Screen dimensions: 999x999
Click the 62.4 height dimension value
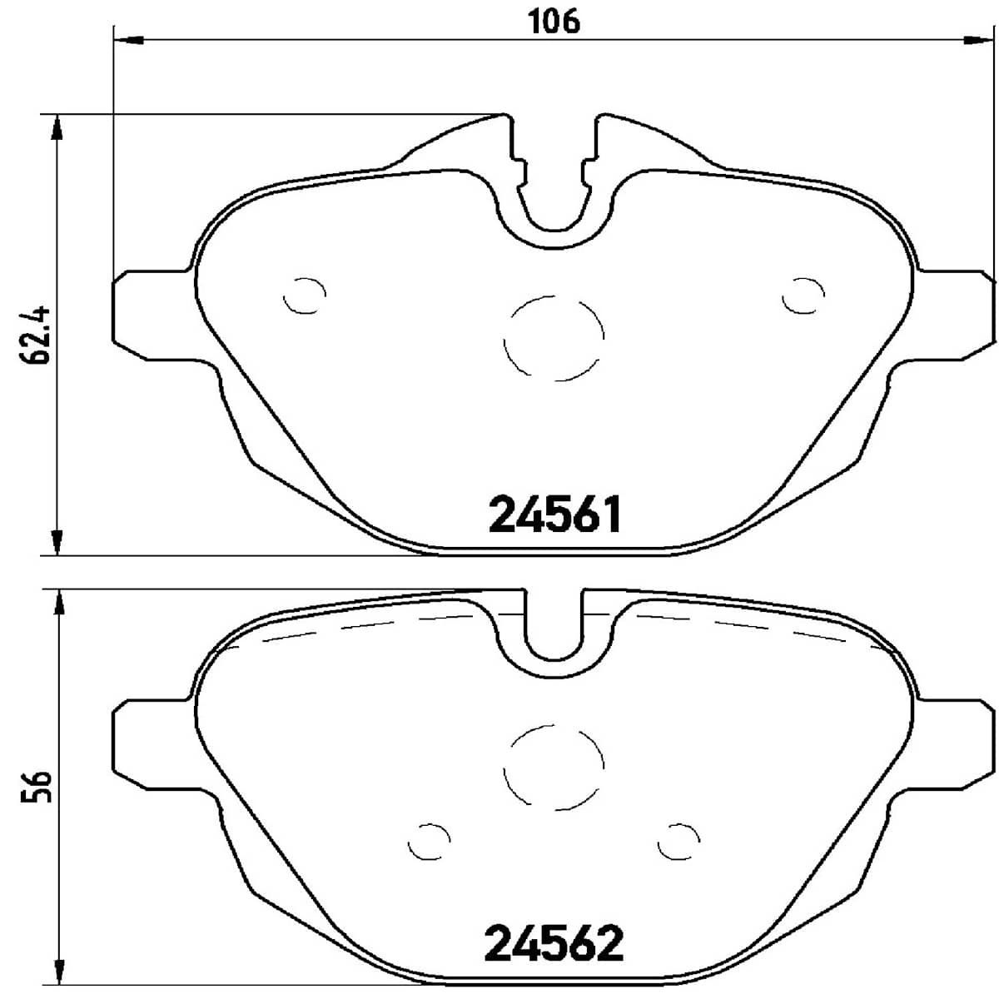pos(38,335)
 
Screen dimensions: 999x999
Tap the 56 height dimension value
pos(38,786)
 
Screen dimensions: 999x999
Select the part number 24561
pos(555,515)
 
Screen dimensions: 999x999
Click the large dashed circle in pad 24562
pos(554,766)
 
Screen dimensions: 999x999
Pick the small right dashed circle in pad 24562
pos(678,841)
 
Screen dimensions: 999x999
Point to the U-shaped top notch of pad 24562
pos(554,633)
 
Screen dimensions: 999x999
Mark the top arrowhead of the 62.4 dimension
pos(57,128)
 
